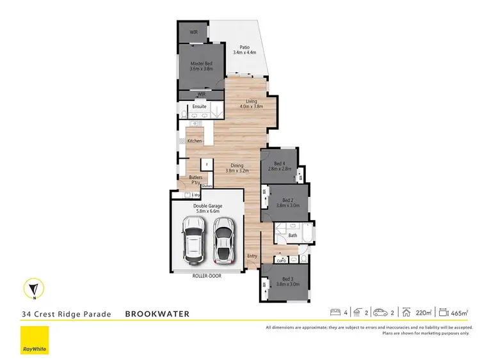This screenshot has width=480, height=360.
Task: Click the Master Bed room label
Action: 201,63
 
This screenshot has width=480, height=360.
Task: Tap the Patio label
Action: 244,47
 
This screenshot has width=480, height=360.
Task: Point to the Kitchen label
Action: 195,141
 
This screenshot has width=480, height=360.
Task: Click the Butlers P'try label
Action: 195,179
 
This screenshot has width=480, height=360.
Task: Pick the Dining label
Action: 237,166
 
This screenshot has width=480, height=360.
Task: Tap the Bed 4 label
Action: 278,164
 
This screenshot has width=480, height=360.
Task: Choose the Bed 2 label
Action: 288,200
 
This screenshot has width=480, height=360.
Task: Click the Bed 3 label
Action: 288,279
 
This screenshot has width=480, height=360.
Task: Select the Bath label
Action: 292,236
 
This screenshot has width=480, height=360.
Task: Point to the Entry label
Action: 252,256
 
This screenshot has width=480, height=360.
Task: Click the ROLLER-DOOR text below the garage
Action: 206,276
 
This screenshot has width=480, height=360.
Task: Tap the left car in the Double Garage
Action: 193,240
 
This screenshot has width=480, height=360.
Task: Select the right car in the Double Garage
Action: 223,240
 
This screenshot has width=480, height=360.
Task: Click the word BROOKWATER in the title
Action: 157,314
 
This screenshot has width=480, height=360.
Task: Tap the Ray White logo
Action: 35,340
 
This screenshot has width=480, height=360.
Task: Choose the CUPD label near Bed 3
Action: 281,260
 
